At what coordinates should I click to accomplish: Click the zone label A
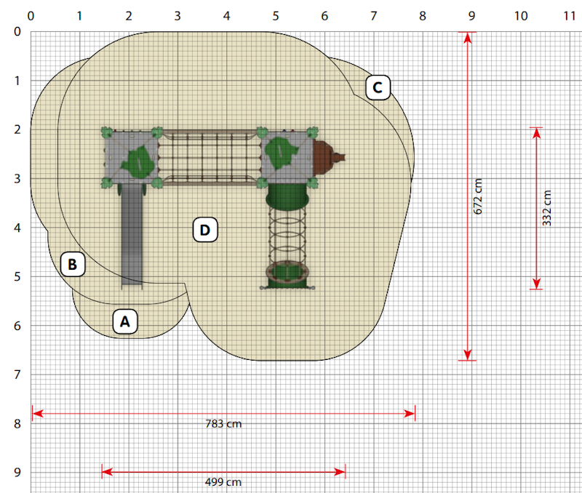(x=125, y=321)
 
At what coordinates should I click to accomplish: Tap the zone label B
(x=73, y=264)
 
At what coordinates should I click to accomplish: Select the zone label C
(x=378, y=87)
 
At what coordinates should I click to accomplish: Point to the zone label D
(x=205, y=230)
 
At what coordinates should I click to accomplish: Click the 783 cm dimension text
(x=223, y=424)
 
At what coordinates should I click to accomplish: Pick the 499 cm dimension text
(x=223, y=482)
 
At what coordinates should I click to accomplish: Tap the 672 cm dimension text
(x=478, y=196)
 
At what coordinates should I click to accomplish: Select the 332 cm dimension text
(x=547, y=208)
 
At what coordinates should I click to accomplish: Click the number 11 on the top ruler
(x=570, y=16)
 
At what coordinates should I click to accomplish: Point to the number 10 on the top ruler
(x=521, y=16)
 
